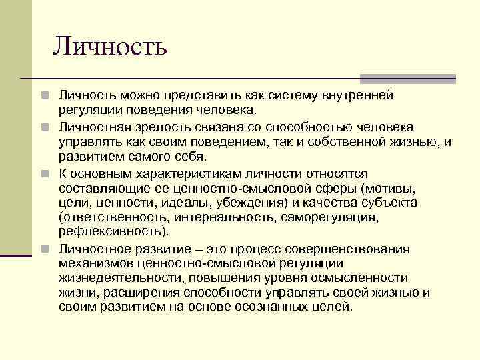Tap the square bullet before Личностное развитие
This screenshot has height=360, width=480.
tap(44, 249)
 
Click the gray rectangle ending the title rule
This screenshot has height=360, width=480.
tap(408, 79)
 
